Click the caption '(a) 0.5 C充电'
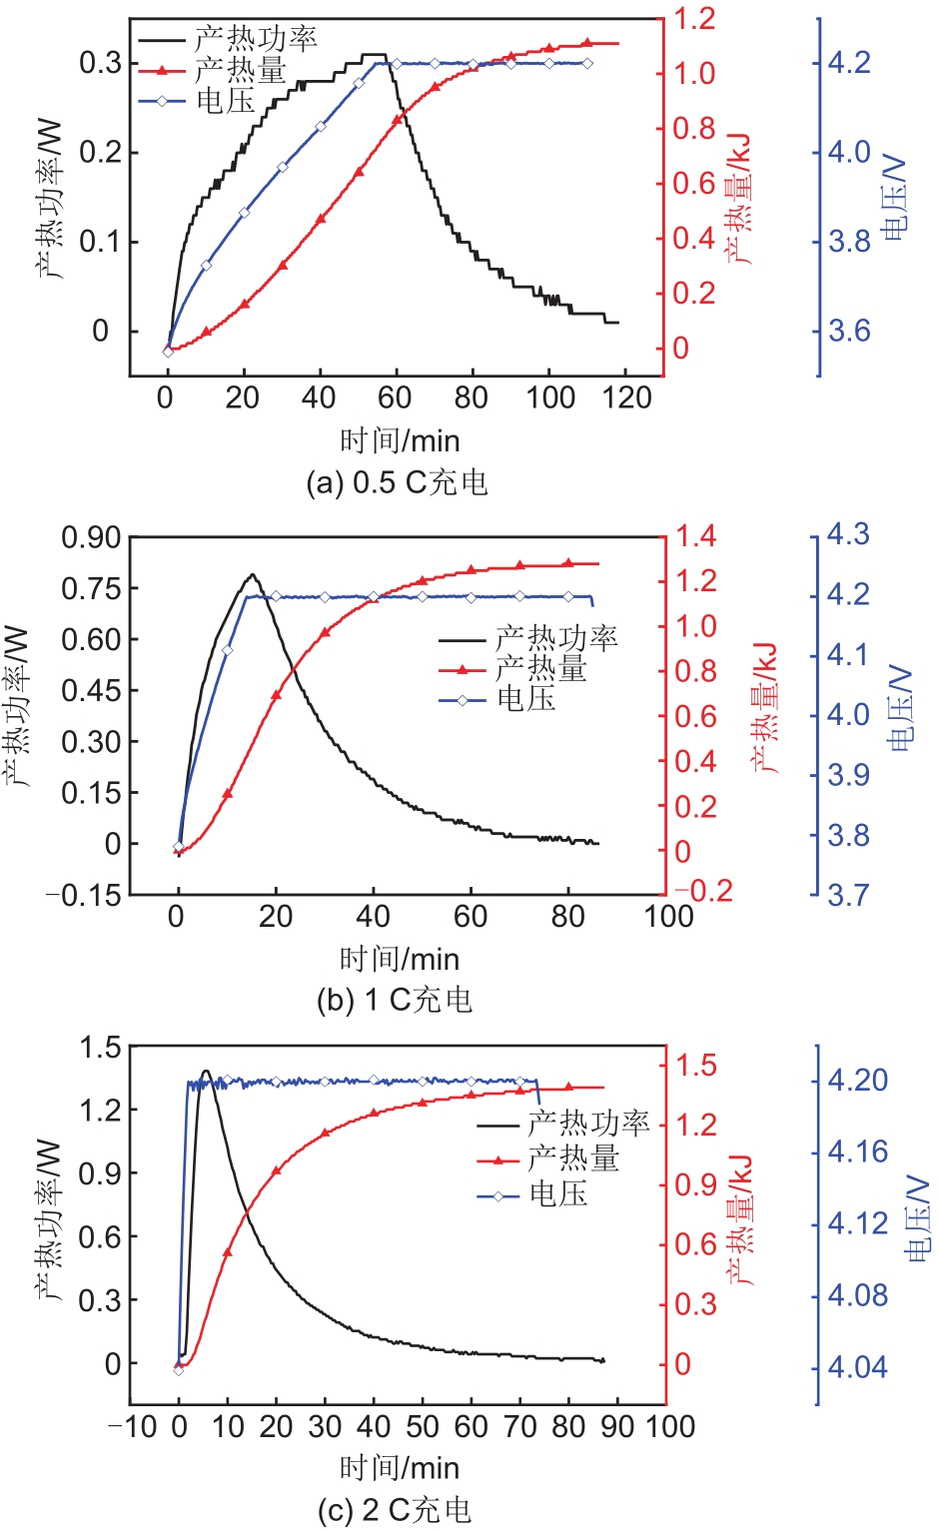tap(397, 483)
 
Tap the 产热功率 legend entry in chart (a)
tap(255, 40)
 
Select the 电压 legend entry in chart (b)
tap(525, 700)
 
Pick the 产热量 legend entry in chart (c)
tap(572, 1158)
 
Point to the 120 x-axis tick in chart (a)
tap(627, 397)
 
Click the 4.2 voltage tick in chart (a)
tap(849, 63)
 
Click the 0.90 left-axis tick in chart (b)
tap(92, 537)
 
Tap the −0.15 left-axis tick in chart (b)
tap(84, 895)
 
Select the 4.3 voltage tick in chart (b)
tap(848, 534)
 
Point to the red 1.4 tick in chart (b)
tap(695, 536)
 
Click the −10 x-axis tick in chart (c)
tap(133, 1426)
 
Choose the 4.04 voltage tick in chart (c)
tap(857, 1366)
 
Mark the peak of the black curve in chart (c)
tap(207, 1072)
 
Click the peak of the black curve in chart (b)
tap(253, 575)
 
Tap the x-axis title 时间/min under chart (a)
tap(400, 440)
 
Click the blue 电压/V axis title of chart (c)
tap(918, 1218)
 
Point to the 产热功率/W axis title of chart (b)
tap(19, 707)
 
